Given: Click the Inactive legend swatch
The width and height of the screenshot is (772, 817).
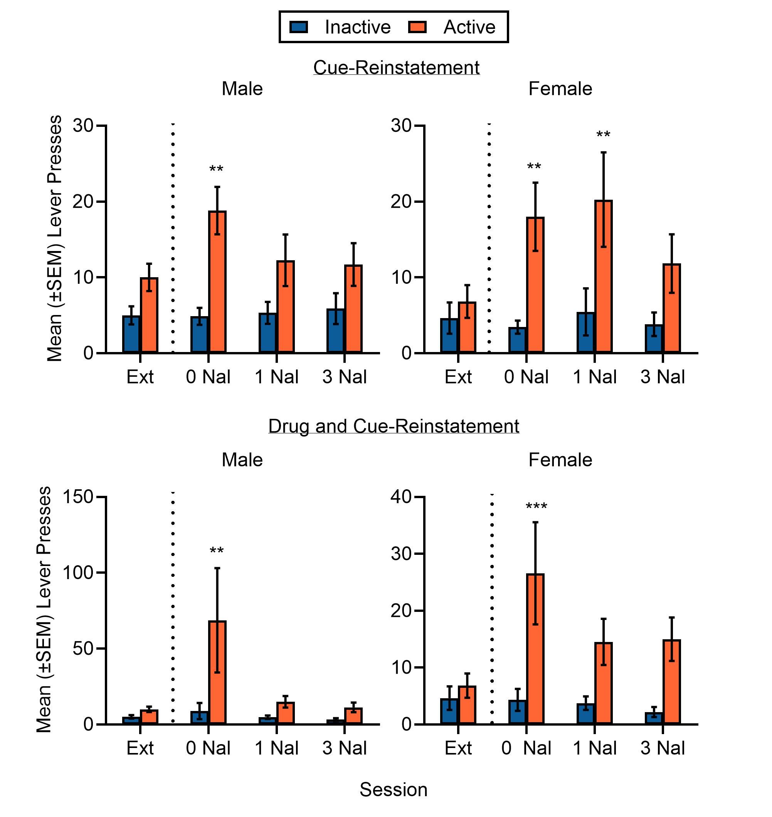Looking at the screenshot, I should [299, 27].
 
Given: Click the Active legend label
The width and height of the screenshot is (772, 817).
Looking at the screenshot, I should [469, 27].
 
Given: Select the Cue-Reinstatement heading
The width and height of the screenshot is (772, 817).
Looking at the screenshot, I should [396, 67].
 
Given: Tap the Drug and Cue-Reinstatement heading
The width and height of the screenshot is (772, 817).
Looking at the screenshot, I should [394, 426].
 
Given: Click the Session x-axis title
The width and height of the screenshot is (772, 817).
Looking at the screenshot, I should [394, 789].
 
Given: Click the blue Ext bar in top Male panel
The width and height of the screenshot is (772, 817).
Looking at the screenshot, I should [131, 334].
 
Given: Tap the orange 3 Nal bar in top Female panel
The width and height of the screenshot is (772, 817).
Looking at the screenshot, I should [671, 308].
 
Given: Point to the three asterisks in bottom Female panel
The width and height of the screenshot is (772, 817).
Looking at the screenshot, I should [536, 506].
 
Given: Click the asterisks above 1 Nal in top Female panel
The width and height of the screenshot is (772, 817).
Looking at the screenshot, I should [603, 135].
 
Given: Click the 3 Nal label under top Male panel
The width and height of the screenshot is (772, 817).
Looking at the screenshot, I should [344, 377].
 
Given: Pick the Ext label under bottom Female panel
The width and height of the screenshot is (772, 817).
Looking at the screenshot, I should [457, 748].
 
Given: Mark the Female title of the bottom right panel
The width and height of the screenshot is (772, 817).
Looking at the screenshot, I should [560, 460].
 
